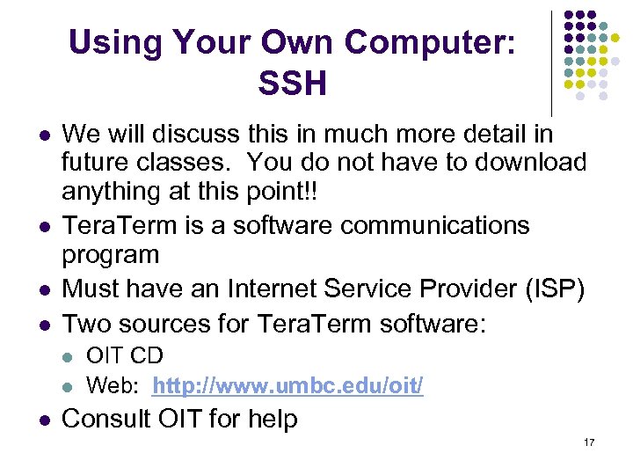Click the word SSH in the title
292,84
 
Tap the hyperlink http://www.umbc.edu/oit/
287,384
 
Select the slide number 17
588,442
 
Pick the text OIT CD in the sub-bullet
125,356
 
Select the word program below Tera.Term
111,255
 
